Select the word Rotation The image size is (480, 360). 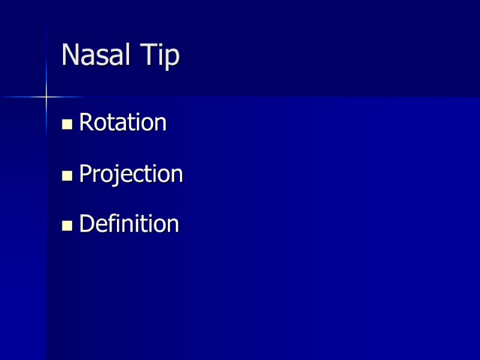coord(122,123)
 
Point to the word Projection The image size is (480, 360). coord(131,174)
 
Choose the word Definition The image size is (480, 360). coord(129,224)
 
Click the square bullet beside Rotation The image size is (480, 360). coord(67,125)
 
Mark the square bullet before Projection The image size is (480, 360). coord(67,176)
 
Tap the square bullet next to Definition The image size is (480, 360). coord(67,226)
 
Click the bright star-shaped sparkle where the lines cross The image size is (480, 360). coord(46,97)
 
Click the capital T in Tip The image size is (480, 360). coord(149,55)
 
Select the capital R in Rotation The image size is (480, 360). coord(86,123)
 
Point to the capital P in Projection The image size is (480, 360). coord(85,174)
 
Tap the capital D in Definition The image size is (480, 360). coord(86,224)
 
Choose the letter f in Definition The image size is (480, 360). coord(112,224)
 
